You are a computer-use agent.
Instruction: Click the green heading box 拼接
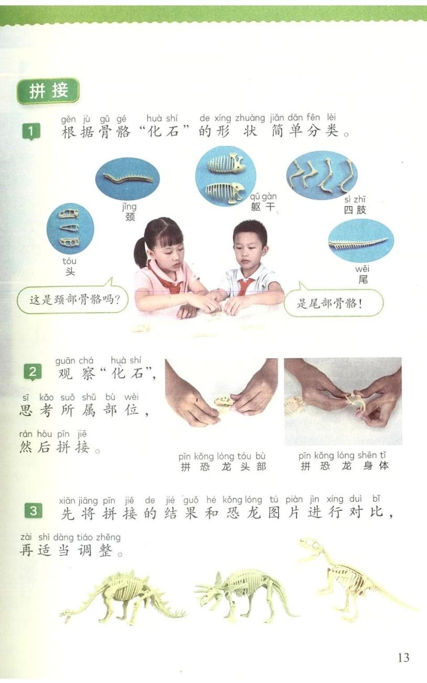48,91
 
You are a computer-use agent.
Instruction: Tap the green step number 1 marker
31,132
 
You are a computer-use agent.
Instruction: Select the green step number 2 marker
33,372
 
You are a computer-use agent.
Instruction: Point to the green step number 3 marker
33,511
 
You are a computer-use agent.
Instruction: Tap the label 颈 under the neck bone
130,217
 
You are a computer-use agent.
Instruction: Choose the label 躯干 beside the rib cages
263,207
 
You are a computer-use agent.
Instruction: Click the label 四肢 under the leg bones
355,210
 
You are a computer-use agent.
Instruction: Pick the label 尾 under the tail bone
363,279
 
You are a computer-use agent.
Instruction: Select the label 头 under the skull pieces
70,271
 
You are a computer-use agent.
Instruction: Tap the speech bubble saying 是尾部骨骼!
334,303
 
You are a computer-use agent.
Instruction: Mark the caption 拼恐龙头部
223,467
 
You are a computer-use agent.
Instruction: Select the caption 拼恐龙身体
345,466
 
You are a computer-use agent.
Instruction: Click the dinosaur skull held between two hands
224,401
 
